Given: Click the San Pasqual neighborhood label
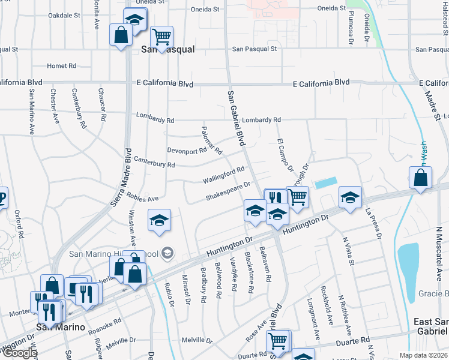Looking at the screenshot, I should [x=167, y=50].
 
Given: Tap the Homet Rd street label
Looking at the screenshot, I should [x=62, y=66].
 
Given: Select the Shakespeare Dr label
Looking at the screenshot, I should [x=228, y=193].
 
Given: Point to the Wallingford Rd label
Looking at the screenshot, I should [x=223, y=175].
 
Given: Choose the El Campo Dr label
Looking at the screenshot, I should [x=284, y=155].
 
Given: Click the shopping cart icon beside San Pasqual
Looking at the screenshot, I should [x=161, y=37].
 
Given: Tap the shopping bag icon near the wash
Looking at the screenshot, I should [x=421, y=178].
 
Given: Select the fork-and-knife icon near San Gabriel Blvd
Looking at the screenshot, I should [x=275, y=199].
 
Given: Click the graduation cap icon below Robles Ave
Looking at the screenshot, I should [x=160, y=220].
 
